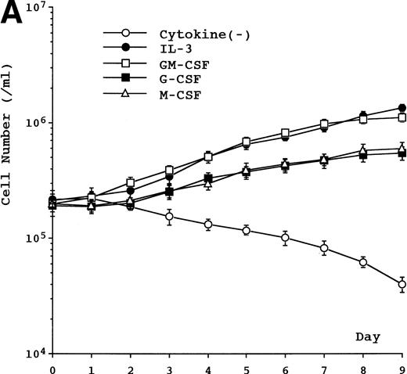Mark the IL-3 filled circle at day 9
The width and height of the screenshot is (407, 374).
[402, 109]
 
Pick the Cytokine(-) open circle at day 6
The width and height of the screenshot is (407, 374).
[286, 238]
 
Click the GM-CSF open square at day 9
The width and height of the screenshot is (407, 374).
[402, 117]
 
